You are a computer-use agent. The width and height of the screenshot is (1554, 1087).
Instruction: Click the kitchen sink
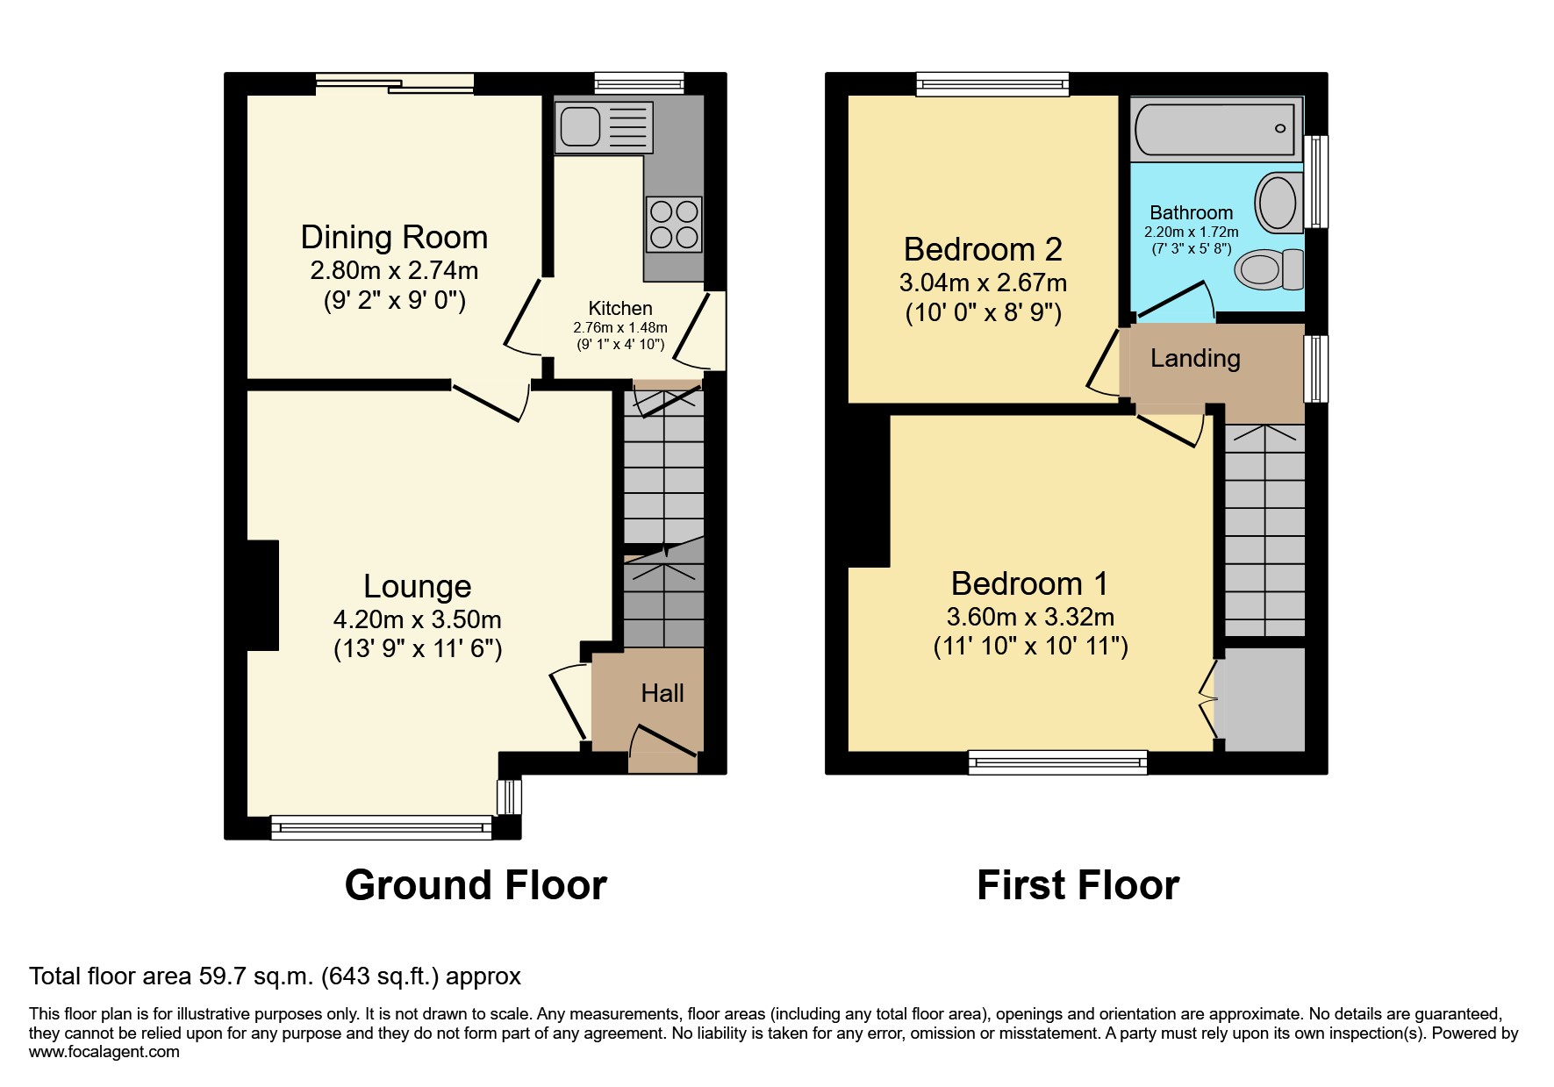[x=604, y=125]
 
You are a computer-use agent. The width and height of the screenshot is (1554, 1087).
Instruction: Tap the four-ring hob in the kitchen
[x=674, y=224]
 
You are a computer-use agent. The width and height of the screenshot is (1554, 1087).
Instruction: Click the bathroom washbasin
[x=1279, y=203]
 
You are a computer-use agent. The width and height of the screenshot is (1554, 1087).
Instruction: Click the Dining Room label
[x=394, y=237]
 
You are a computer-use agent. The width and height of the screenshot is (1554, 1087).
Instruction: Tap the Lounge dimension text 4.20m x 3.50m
[x=418, y=619]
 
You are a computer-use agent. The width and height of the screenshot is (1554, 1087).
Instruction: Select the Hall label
[x=662, y=693]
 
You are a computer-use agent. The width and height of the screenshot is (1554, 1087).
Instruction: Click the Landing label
[x=1195, y=358]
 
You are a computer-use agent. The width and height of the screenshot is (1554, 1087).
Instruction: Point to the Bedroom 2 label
[x=983, y=249]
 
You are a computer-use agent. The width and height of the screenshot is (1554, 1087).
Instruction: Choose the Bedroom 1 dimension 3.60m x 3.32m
[x=1030, y=617]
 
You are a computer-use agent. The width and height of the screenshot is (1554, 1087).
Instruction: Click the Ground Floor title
[x=476, y=885]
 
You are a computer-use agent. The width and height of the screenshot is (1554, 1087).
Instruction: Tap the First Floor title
[x=1078, y=885]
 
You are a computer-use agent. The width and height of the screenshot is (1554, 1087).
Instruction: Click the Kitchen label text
[x=620, y=308]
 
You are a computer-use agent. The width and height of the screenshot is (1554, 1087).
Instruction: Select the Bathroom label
[x=1191, y=212]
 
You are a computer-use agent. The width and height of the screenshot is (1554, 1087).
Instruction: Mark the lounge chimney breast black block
[x=263, y=595]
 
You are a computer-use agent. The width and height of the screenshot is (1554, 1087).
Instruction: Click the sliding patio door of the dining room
[x=395, y=84]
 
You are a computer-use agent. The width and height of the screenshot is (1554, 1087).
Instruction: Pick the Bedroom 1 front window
[x=1058, y=762]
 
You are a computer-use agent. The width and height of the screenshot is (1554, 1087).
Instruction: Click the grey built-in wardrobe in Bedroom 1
[x=1264, y=699]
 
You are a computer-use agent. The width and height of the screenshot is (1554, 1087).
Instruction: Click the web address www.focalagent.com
[x=104, y=1052]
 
